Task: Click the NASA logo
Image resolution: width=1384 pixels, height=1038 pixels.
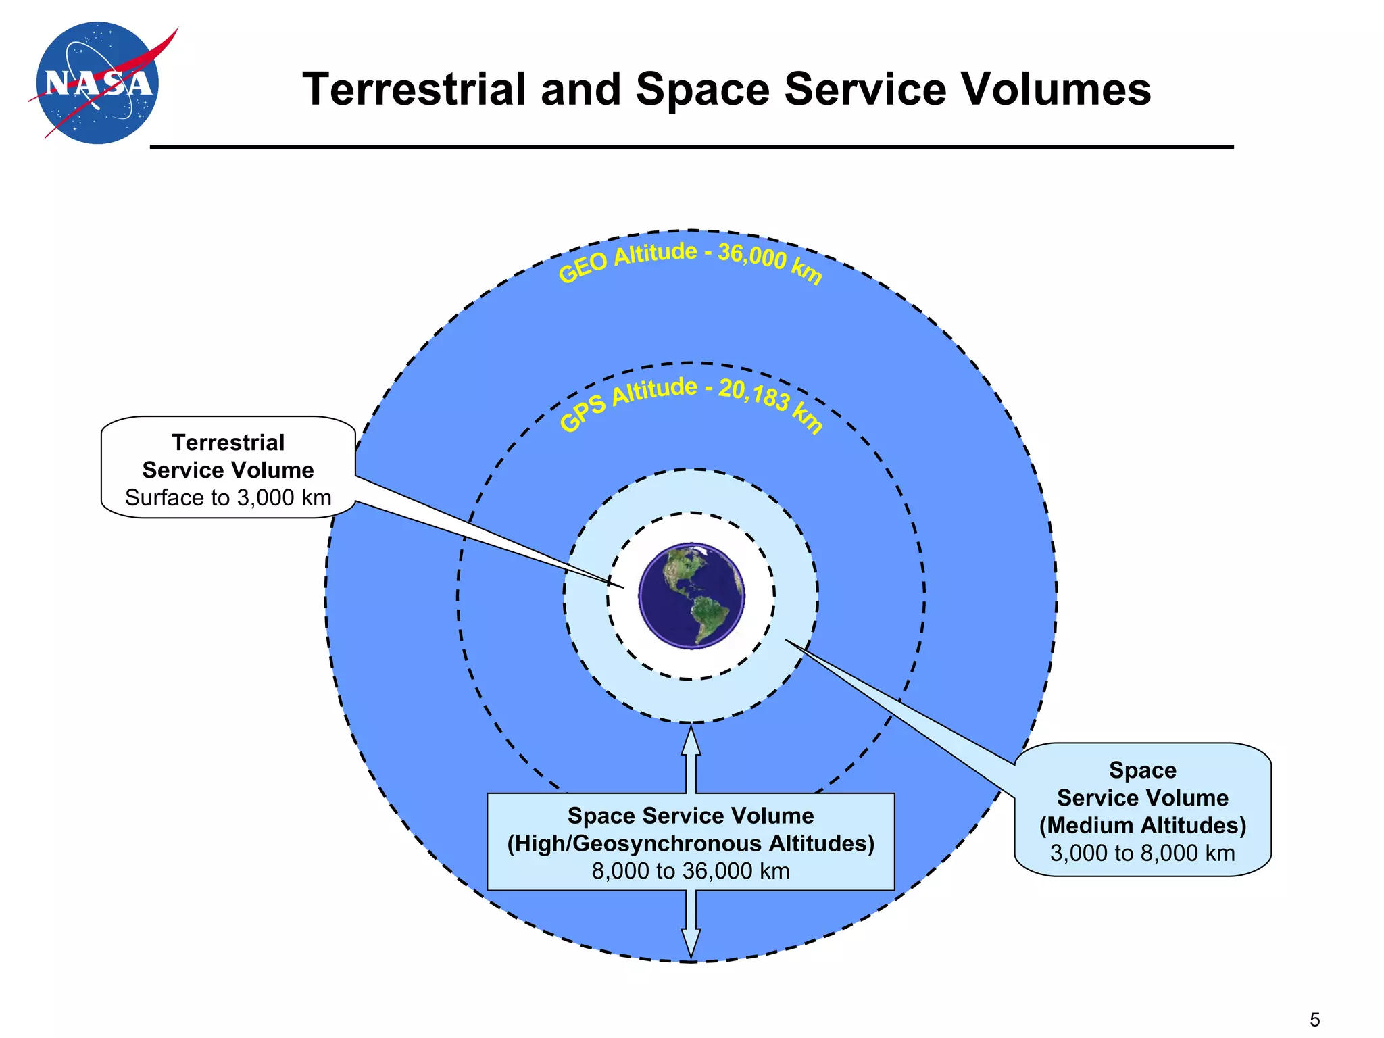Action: (x=98, y=82)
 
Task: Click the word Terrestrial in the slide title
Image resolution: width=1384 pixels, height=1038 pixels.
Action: (x=414, y=89)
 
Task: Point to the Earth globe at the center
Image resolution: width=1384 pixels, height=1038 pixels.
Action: (x=691, y=595)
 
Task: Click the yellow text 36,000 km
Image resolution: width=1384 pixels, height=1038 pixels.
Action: (x=770, y=262)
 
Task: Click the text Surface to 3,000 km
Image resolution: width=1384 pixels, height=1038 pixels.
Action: (x=228, y=498)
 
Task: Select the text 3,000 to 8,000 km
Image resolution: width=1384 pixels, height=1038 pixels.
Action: (x=1142, y=853)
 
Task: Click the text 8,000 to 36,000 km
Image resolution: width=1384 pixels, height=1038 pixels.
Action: (x=691, y=871)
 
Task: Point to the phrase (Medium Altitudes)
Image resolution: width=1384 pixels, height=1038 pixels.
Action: (x=1142, y=825)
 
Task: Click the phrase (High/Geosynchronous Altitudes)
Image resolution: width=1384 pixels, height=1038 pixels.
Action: (x=691, y=843)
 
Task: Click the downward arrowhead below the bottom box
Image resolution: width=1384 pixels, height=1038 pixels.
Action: (x=691, y=943)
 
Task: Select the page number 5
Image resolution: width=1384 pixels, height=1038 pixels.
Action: (x=1314, y=1019)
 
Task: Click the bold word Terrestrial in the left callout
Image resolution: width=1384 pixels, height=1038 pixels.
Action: (x=228, y=443)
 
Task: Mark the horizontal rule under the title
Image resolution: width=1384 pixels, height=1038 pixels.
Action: (x=691, y=147)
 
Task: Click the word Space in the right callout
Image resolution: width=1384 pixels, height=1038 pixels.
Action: (x=1142, y=770)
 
